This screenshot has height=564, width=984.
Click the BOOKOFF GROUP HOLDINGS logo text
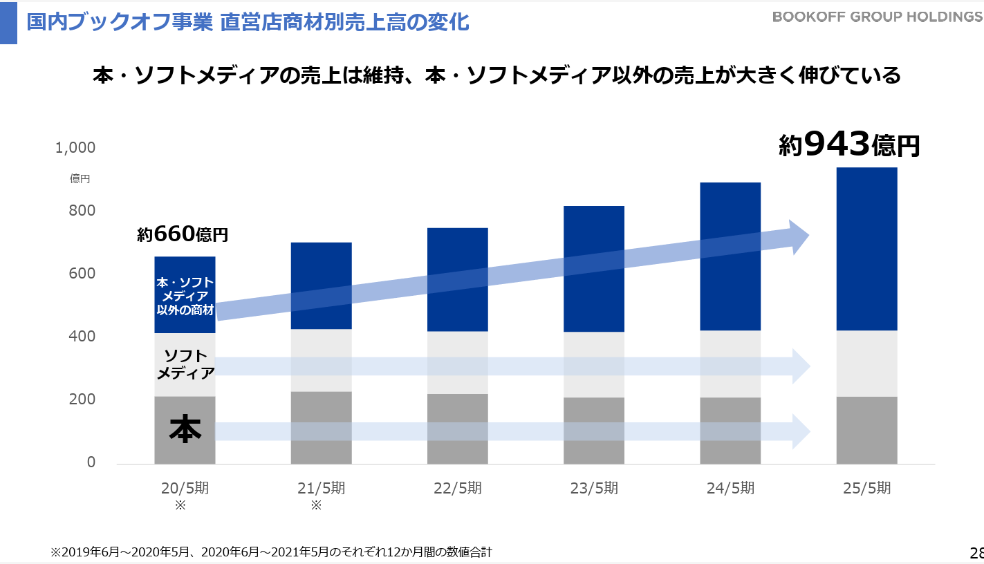click(878, 17)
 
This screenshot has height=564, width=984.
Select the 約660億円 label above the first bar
click(183, 234)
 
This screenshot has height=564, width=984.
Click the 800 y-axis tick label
click(82, 211)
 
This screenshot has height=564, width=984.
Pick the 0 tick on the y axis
click(91, 462)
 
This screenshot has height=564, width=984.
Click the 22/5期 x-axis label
click(458, 488)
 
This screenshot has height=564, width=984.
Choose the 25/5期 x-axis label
click(866, 488)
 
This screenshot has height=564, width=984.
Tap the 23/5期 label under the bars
click(594, 488)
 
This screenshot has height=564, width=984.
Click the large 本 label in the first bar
click(185, 429)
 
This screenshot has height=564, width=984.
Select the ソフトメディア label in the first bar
click(185, 365)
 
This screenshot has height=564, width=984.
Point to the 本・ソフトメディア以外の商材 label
click(185, 297)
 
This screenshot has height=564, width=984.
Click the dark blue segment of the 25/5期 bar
click(866, 249)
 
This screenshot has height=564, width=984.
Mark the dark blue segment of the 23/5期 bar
click(594, 269)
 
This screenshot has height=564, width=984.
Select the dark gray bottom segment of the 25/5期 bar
click(866, 430)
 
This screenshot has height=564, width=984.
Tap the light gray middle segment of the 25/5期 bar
click(866, 364)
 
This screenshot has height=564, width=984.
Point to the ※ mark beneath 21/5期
click(316, 505)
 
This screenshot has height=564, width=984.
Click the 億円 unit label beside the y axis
click(80, 179)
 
